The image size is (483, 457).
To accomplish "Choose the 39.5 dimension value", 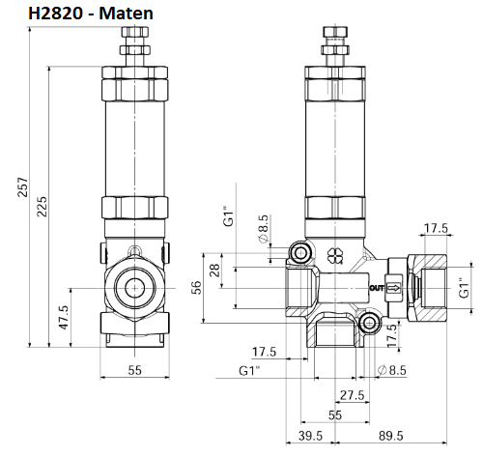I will (308, 437).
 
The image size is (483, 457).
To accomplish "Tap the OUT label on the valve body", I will (378, 288).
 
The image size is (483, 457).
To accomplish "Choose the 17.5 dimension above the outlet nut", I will (437, 229).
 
